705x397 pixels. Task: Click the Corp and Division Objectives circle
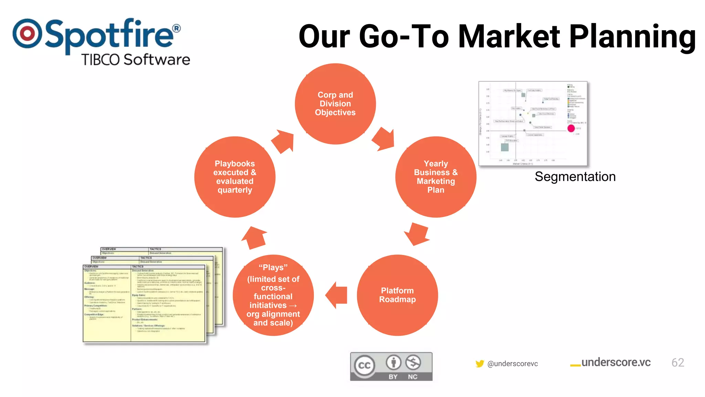pos(335,104)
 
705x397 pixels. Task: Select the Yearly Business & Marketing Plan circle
pos(436,177)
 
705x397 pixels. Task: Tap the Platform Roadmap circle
pos(397,295)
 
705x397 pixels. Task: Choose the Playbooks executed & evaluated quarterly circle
pos(235,177)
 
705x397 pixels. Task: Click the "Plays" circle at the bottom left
pos(273,295)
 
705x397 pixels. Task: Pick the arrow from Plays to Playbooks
pos(254,237)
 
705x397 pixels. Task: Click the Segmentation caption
pos(575,177)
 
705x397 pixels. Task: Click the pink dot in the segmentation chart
pos(571,129)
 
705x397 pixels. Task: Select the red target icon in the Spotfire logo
pos(27,33)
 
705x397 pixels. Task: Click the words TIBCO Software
pos(136,60)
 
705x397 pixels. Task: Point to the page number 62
pos(677,363)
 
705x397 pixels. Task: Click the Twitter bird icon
pos(480,364)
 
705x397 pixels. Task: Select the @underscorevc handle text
pos(513,364)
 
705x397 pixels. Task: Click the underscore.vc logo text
pos(615,363)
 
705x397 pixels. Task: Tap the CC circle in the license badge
pos(365,365)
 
